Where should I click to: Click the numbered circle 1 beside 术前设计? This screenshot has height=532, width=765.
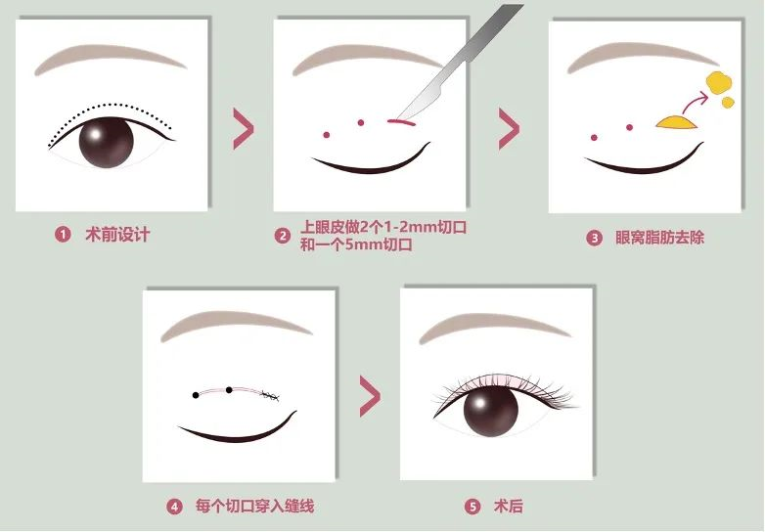[63, 235]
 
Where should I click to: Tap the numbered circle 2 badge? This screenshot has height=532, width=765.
[282, 236]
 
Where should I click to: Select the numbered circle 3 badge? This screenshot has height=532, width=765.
[594, 238]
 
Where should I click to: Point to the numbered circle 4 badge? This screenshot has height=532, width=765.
[174, 507]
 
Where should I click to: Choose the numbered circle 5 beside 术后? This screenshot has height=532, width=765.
[472, 507]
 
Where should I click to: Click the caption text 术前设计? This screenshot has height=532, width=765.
[117, 235]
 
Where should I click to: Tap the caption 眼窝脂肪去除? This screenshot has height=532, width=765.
[659, 238]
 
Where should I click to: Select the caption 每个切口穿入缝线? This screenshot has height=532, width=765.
[254, 507]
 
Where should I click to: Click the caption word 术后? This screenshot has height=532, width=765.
[508, 507]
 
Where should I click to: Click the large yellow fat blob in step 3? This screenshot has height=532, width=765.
[719, 82]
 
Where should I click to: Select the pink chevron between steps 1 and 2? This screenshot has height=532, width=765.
[244, 129]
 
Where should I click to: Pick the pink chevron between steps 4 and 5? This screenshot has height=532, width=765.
[370, 396]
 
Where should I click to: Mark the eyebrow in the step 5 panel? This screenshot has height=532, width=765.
[494, 327]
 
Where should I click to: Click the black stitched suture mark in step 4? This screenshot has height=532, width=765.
[270, 396]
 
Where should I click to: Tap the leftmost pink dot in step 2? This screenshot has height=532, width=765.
[327, 135]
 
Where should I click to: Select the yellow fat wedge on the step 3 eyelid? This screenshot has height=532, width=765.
[677, 122]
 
